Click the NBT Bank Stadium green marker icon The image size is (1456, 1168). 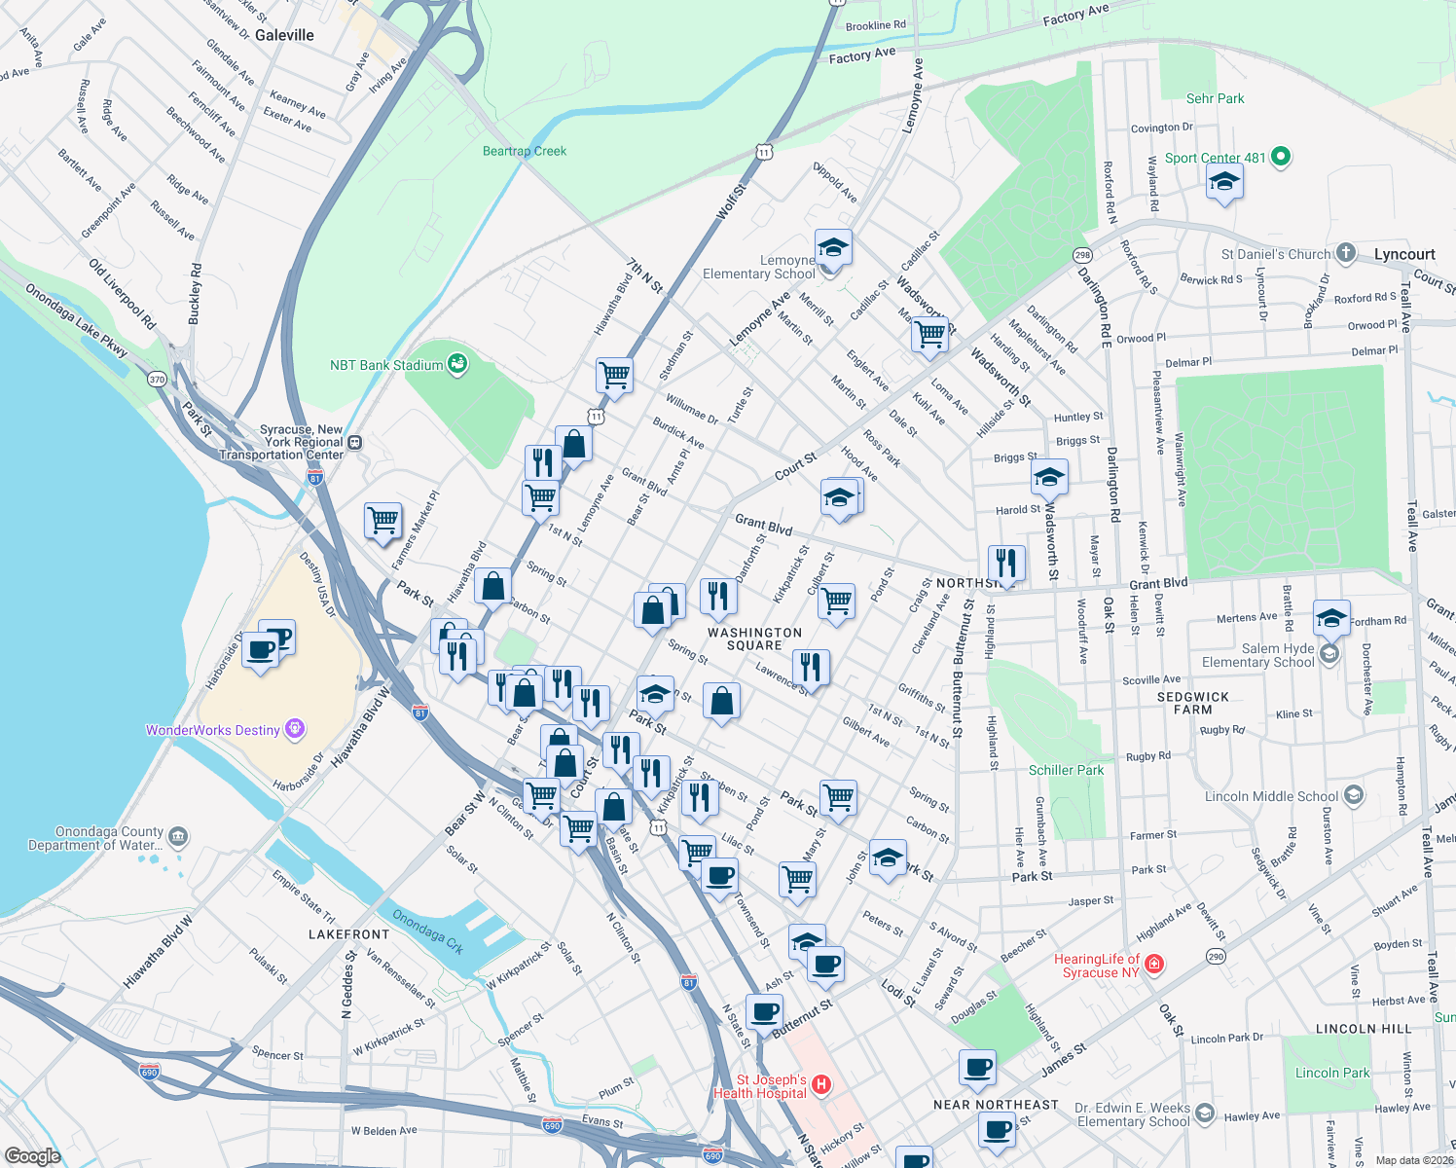click(456, 365)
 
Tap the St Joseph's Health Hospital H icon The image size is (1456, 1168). click(820, 1084)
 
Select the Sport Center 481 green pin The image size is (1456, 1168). click(1281, 157)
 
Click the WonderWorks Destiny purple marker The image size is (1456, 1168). click(296, 729)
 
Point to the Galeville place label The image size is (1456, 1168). click(284, 35)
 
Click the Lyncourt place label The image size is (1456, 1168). click(1403, 255)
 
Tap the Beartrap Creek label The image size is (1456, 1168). click(524, 151)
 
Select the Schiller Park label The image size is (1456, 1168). click(1066, 770)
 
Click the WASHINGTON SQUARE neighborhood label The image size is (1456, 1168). click(754, 639)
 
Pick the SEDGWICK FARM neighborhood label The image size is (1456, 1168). click(1192, 703)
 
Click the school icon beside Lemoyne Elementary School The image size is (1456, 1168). click(833, 249)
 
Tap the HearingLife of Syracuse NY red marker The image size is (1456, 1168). click(1154, 965)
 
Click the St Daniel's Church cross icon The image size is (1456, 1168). click(1345, 253)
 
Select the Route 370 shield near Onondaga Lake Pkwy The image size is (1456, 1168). click(157, 379)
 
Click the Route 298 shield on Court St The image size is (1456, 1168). click(1082, 255)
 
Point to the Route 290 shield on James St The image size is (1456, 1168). click(1216, 957)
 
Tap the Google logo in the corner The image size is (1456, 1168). click(32, 1155)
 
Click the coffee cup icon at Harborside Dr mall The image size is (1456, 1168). click(261, 648)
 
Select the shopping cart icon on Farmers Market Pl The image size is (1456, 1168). click(382, 520)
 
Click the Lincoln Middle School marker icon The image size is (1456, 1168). click(1353, 795)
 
